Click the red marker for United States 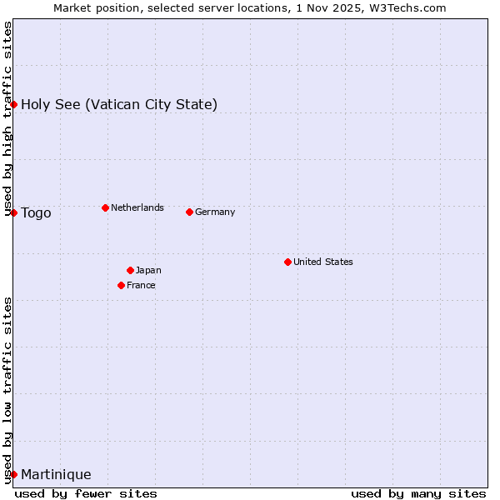287,262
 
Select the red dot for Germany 189,212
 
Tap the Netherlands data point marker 105,207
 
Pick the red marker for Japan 130,270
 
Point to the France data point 121,285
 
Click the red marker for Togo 13,212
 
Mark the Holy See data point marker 13,104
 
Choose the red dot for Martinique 13,474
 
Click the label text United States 323,262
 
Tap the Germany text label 215,212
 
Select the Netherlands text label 137,207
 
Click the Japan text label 148,270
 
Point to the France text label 141,285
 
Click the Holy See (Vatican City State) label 119,104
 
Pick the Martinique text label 56,474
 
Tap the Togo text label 36,212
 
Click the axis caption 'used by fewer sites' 86,493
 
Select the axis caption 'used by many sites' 418,493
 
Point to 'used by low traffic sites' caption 7,390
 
